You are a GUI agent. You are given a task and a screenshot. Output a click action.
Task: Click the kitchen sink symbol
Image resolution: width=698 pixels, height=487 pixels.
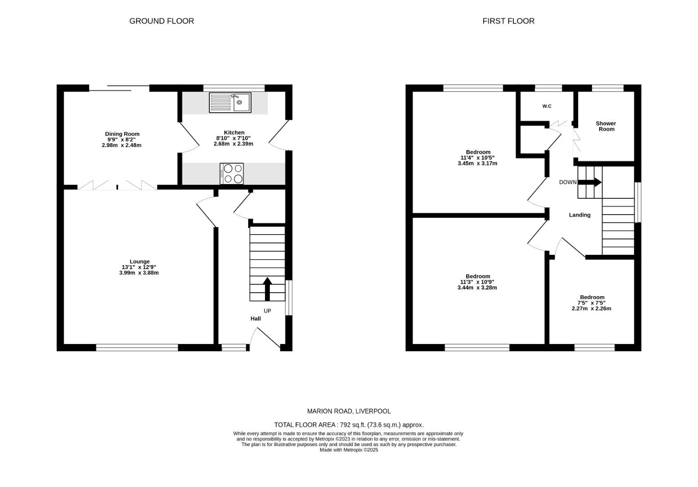click(230, 102)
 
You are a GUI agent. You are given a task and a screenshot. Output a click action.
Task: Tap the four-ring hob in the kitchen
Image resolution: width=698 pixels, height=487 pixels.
click(232, 174)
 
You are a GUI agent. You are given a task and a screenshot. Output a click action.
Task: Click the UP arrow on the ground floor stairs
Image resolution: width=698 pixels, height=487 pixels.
click(267, 289)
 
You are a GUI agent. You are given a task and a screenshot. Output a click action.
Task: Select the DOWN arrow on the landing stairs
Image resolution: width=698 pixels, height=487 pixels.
click(590, 182)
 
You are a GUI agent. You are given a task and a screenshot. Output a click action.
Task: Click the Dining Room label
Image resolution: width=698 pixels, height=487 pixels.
click(122, 134)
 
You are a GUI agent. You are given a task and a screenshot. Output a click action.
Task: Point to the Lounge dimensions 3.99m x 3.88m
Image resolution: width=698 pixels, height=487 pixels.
click(139, 273)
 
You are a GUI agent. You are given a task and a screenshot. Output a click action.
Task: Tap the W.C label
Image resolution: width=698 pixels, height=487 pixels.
click(547, 106)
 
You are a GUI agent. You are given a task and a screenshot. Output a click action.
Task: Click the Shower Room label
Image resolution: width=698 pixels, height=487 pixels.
click(606, 126)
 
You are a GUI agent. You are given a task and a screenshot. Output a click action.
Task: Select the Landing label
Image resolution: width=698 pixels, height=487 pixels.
click(579, 215)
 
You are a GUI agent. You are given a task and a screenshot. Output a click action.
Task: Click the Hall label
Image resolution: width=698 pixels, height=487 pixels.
click(255, 319)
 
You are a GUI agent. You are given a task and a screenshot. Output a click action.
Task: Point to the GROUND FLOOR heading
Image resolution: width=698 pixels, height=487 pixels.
click(161, 21)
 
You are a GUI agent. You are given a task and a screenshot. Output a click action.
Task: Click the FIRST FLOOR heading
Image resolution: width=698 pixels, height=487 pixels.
click(508, 21)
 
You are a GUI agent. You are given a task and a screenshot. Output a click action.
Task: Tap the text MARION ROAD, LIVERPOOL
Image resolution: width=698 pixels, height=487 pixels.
click(349, 411)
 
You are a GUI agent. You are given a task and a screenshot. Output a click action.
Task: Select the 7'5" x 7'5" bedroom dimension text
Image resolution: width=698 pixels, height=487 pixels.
click(592, 303)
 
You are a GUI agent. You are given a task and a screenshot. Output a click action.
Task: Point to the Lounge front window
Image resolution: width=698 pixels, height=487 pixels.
click(137, 347)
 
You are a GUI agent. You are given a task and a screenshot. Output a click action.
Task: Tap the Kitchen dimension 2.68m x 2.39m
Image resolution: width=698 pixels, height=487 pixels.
click(233, 144)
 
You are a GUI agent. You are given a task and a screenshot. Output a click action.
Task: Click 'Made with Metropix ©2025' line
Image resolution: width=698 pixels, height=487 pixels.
click(349, 450)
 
